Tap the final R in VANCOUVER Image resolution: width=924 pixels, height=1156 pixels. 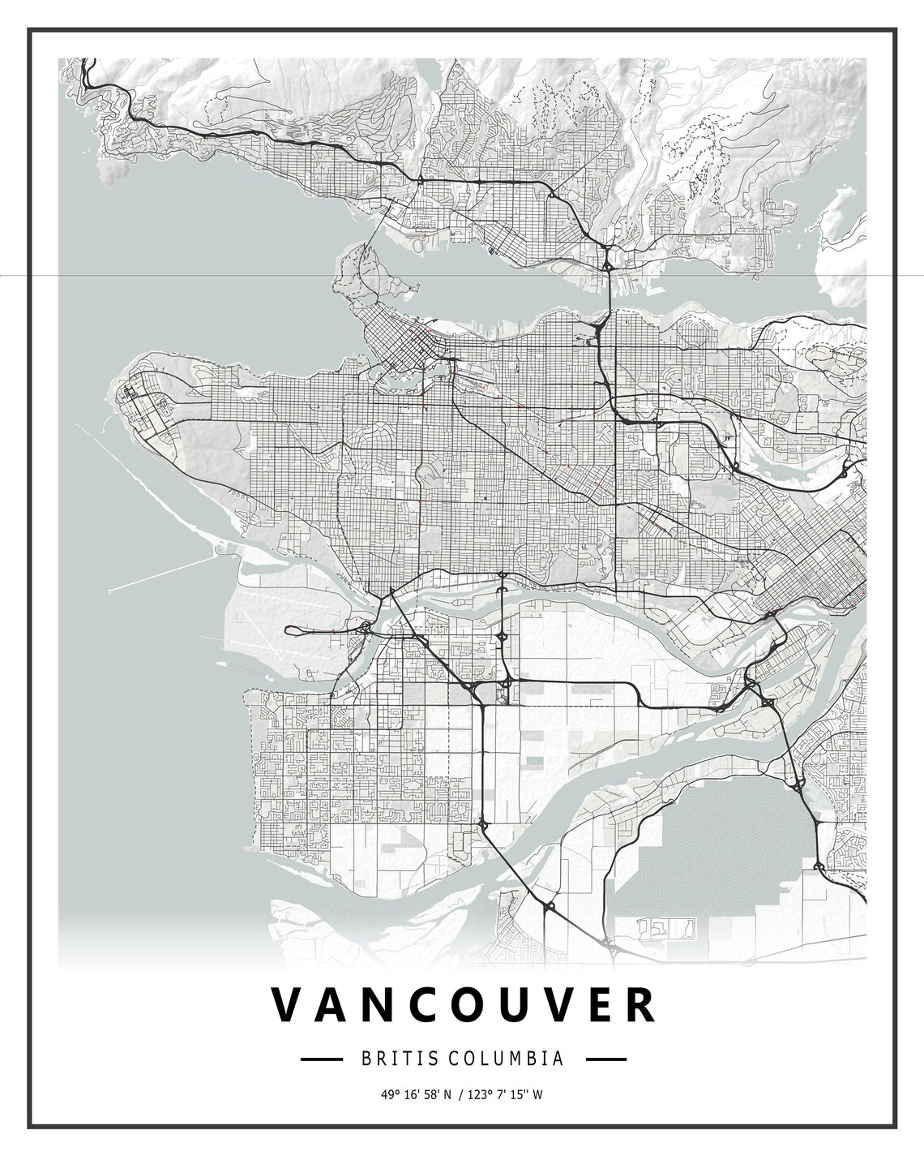point(641,1006)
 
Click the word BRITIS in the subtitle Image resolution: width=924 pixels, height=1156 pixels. point(388,1059)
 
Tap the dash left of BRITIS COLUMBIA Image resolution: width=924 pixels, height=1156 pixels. point(320,1059)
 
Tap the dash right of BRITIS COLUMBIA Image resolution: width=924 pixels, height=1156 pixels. point(605,1059)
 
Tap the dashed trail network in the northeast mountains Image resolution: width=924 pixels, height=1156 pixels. point(705,154)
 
